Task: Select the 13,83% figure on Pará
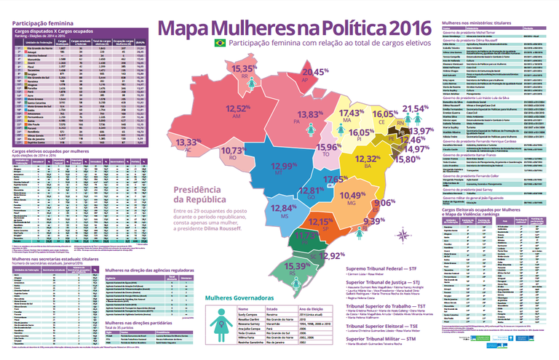312,115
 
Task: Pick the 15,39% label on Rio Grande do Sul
299,268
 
